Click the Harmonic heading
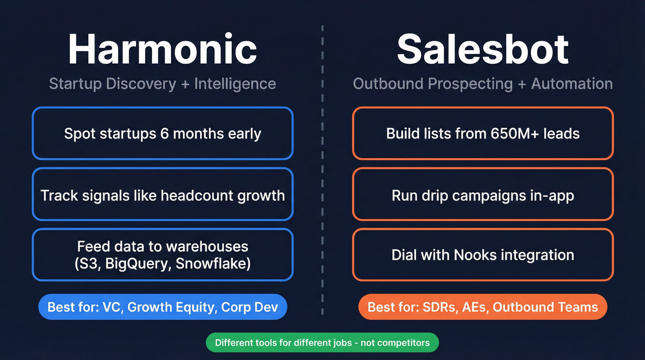[162, 49]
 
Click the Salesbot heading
[483, 49]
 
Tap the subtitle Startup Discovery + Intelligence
[162, 84]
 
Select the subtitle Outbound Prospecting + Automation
[483, 84]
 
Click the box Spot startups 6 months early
[162, 134]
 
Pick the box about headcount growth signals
[162, 195]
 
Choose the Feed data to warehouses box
[162, 255]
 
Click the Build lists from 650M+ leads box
[483, 134]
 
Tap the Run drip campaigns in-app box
[483, 195]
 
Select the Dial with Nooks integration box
[483, 255]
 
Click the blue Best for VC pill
[162, 307]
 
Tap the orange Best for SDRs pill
[483, 307]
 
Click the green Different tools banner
[322, 342]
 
